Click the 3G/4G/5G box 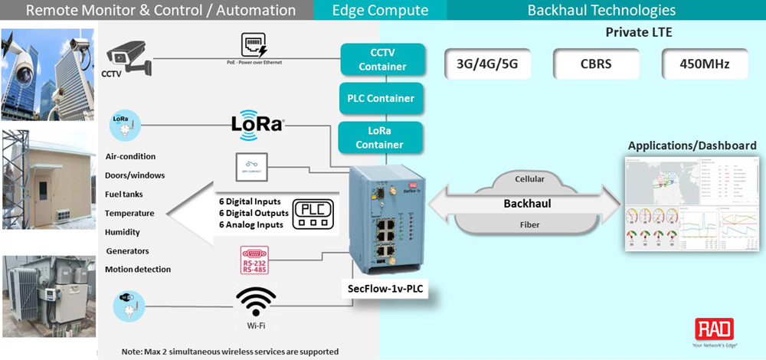[x=487, y=64]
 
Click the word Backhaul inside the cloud [x=526, y=205]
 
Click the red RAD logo [x=714, y=330]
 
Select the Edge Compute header [x=379, y=11]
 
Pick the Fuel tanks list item [x=124, y=195]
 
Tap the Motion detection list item [x=139, y=270]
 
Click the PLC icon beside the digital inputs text [x=314, y=213]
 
